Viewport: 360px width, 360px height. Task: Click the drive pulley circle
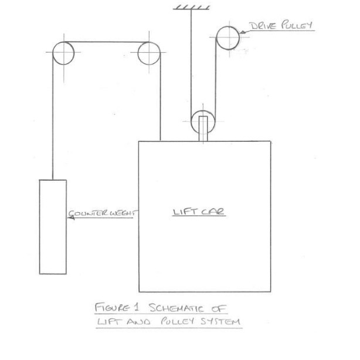[x=228, y=38]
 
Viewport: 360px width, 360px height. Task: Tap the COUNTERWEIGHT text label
[x=101, y=214]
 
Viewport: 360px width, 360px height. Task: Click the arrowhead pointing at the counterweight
[x=66, y=215]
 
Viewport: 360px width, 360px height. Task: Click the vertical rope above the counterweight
[x=52, y=117]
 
